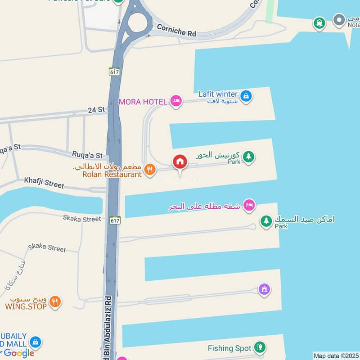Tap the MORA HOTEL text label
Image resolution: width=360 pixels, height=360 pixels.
(142, 102)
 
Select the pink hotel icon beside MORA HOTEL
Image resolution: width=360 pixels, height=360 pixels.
(176, 101)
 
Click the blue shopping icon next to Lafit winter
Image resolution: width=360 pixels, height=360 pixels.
(246, 95)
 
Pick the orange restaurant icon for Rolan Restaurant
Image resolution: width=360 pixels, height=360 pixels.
(150, 170)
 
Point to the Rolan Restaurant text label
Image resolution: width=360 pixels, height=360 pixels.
(112, 174)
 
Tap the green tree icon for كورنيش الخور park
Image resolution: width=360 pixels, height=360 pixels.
(248, 157)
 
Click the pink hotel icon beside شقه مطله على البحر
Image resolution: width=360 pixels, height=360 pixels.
(248, 206)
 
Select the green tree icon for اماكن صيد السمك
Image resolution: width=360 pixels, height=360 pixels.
(266, 221)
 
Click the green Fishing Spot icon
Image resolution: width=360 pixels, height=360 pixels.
(259, 347)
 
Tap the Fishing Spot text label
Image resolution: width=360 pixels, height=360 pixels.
(229, 348)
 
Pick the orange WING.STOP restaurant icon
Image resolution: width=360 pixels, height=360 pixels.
(56, 302)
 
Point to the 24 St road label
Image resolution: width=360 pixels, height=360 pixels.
(96, 109)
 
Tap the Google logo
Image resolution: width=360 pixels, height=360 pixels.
(19, 353)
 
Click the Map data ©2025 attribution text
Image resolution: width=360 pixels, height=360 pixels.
(336, 355)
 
